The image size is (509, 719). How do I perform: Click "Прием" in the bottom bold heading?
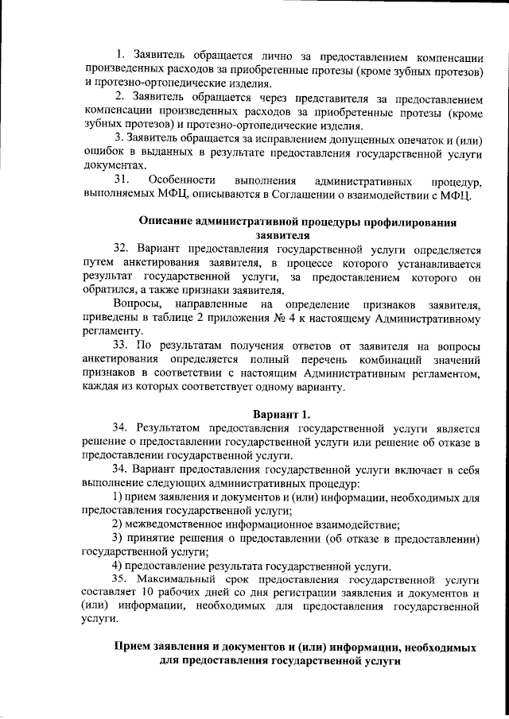click(x=134, y=648)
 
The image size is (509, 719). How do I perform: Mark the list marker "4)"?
click(x=118, y=566)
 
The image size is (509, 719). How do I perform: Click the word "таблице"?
click(x=185, y=318)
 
